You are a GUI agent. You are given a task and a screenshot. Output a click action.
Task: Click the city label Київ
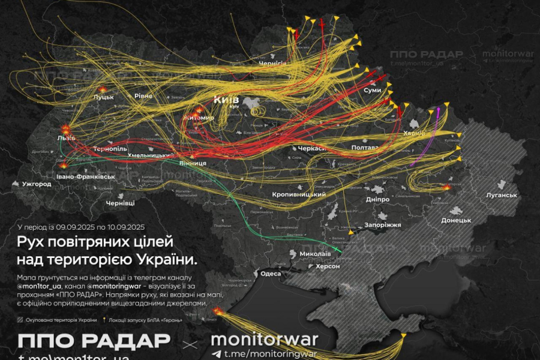click(226, 100)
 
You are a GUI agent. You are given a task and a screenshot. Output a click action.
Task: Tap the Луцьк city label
click(103, 98)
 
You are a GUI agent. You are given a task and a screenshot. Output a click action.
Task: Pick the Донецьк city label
click(456, 221)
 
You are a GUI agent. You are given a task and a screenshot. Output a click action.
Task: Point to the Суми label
click(372, 90)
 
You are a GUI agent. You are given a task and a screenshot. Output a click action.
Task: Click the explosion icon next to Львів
click(64, 128)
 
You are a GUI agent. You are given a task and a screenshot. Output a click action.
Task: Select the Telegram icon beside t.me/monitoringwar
click(216, 354)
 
